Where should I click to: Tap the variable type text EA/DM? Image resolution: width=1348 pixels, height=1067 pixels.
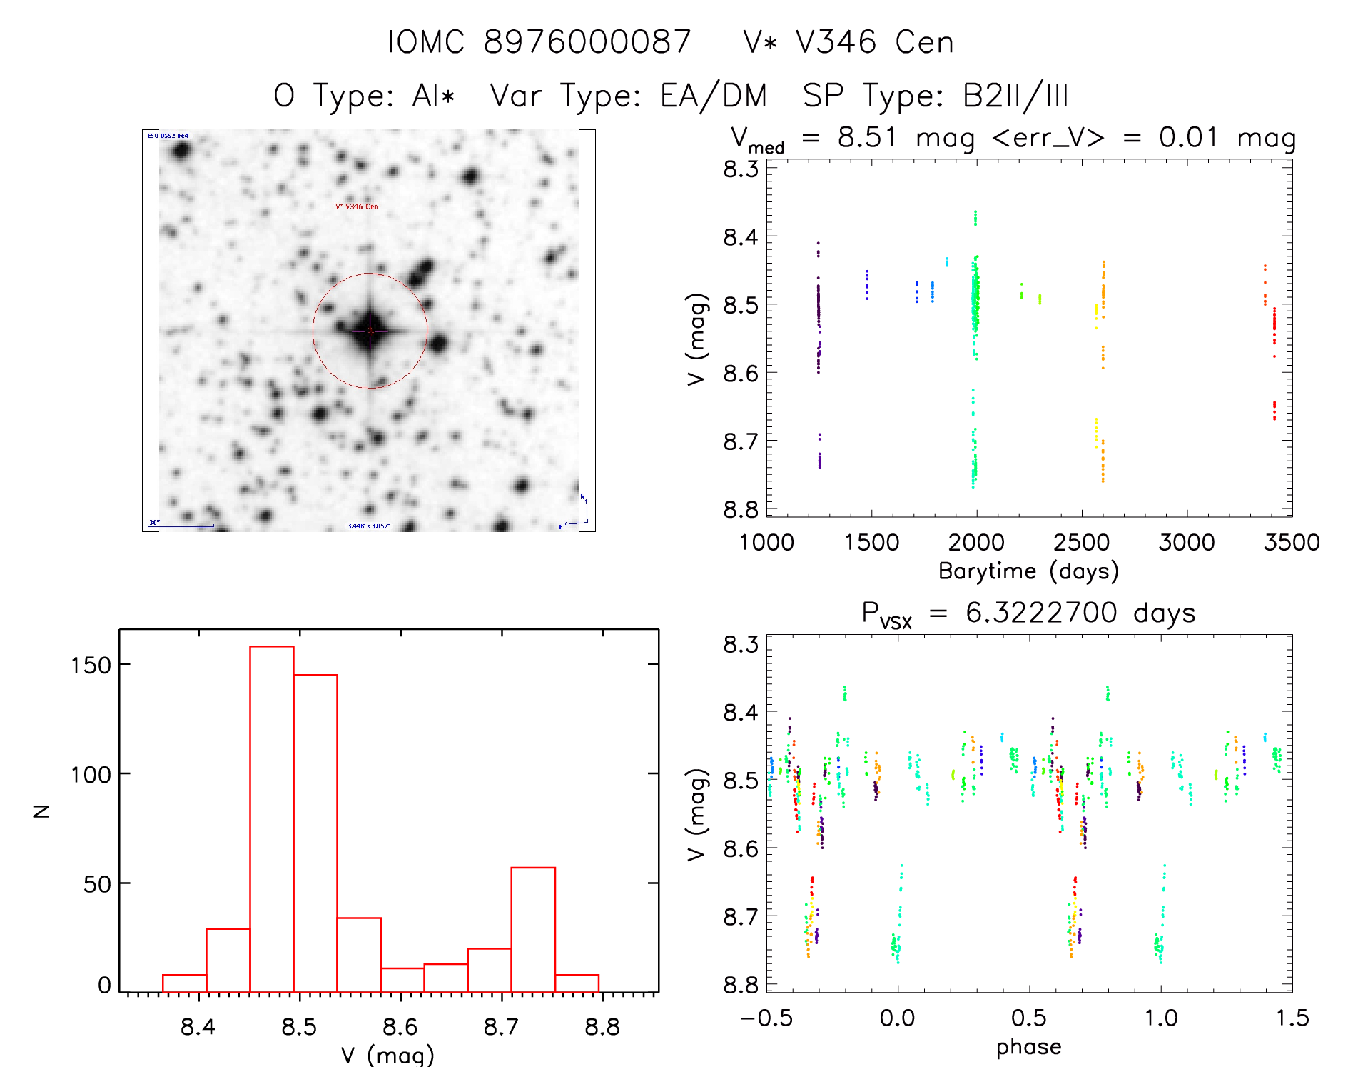(x=713, y=96)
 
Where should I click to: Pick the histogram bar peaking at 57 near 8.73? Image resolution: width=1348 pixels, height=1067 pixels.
(x=533, y=929)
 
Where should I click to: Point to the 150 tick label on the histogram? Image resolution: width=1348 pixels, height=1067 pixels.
(x=91, y=666)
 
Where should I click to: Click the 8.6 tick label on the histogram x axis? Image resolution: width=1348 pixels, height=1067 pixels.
(x=400, y=1027)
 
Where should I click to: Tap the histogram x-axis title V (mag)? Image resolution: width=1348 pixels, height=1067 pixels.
(x=387, y=1054)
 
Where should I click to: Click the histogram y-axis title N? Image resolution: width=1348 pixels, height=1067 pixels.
(x=41, y=811)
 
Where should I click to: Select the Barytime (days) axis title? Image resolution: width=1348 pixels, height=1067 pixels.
(x=1028, y=571)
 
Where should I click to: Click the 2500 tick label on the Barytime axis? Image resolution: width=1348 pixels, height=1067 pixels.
(x=1081, y=543)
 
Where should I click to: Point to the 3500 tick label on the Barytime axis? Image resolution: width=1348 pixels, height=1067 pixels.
(x=1291, y=543)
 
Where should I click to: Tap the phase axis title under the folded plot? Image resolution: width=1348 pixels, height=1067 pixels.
(x=1028, y=1047)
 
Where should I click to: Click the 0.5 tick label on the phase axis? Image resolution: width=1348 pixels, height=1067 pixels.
(x=1028, y=1018)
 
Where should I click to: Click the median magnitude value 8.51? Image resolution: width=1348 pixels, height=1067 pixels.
(x=866, y=137)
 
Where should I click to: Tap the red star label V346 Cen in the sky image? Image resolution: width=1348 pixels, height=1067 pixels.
(x=357, y=206)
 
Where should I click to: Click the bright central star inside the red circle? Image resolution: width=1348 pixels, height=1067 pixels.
(x=370, y=331)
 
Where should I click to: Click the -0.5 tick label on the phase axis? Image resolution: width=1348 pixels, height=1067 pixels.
(x=766, y=1018)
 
